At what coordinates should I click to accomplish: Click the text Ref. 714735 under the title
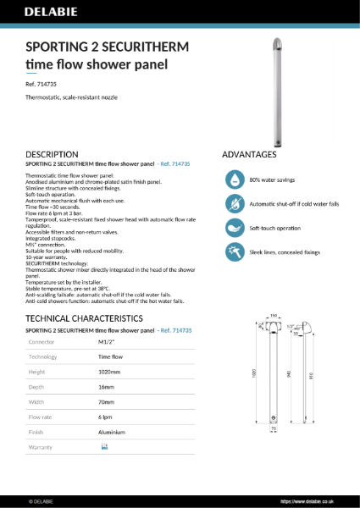point(42,85)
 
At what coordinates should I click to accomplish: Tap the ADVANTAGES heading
point(249,155)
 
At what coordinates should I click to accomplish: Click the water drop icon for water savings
point(233,179)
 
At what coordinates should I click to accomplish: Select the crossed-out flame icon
point(233,204)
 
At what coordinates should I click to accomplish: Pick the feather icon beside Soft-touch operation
point(233,228)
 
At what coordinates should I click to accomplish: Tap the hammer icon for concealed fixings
point(233,252)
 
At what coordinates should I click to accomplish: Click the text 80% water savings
point(272,180)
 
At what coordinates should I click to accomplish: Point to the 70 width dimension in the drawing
point(273,428)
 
